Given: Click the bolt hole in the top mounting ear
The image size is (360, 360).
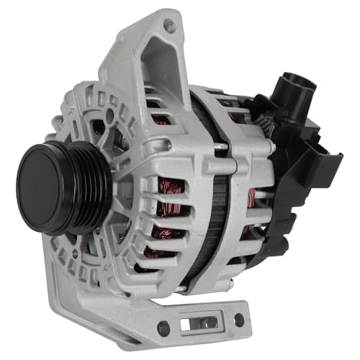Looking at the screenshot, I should coord(168,25).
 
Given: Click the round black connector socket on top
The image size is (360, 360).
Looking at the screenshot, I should coord(294,86).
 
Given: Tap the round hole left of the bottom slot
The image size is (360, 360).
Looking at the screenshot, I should coord(163,327).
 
